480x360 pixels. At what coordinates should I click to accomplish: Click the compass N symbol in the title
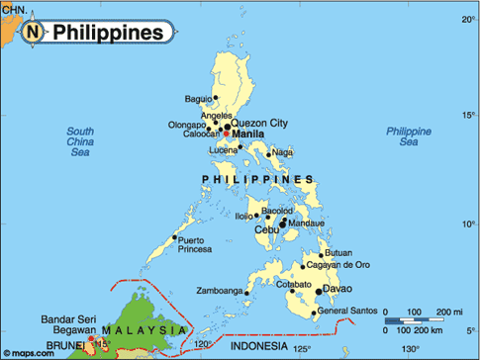(35, 33)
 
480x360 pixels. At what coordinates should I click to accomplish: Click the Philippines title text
(107, 33)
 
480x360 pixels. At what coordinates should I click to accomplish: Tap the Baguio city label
(199, 98)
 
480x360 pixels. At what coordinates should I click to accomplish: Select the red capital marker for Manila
(226, 133)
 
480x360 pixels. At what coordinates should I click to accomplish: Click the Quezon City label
(259, 123)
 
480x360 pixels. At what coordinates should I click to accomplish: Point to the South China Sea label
(80, 142)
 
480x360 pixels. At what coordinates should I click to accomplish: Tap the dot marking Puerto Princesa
(175, 237)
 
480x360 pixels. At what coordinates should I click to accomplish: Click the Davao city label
(338, 290)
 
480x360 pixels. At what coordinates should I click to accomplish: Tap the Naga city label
(283, 152)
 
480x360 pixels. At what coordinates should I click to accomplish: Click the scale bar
(416, 320)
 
